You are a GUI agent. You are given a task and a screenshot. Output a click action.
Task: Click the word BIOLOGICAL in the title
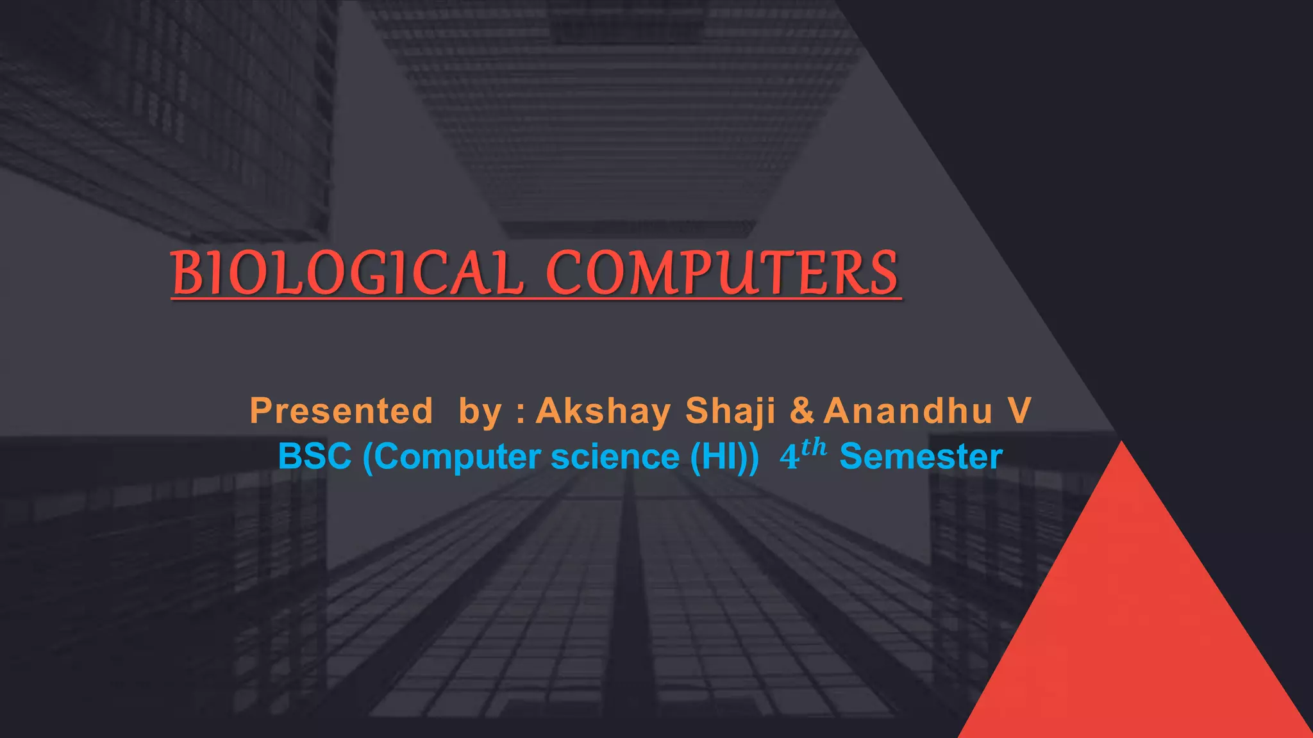[x=347, y=274]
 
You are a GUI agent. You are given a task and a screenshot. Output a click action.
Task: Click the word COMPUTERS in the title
[x=722, y=274]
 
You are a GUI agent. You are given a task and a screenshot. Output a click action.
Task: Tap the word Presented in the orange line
[x=341, y=411]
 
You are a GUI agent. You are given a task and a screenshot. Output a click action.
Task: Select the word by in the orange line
[x=480, y=412]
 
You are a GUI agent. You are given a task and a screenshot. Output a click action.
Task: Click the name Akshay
[x=603, y=411]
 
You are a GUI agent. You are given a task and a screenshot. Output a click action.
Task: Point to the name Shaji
[x=730, y=411]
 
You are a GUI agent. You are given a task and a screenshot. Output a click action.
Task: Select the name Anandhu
[x=908, y=411]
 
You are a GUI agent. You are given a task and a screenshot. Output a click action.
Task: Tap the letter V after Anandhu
[x=1019, y=411]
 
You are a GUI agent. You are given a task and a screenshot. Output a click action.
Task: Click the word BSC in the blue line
[x=315, y=457]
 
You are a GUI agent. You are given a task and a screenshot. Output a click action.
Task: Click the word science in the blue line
[x=615, y=457]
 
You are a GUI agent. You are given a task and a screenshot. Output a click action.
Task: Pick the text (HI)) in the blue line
[x=724, y=457]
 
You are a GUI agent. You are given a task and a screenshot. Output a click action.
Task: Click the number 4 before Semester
[x=789, y=457]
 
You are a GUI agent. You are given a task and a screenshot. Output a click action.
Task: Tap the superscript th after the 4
[x=814, y=447]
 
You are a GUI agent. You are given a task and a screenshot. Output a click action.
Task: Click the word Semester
[x=921, y=457]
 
